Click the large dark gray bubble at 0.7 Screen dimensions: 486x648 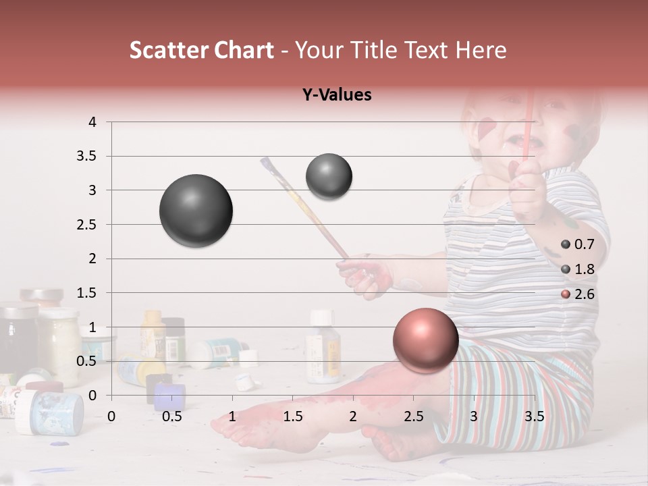tap(196, 211)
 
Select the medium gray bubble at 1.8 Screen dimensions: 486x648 tap(329, 176)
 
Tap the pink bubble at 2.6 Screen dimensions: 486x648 tap(425, 340)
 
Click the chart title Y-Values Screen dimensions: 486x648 tap(337, 95)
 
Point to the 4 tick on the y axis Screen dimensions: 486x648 tap(92, 122)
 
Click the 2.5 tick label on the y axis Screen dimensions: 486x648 tap(86, 225)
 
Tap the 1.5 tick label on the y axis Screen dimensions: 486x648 tap(86, 293)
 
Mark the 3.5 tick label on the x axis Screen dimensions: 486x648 tap(534, 416)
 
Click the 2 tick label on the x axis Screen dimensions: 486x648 tap(353, 416)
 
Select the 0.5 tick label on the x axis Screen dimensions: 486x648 tap(172, 416)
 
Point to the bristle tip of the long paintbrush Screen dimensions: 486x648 tap(266, 163)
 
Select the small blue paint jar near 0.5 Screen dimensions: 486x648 tap(169, 397)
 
